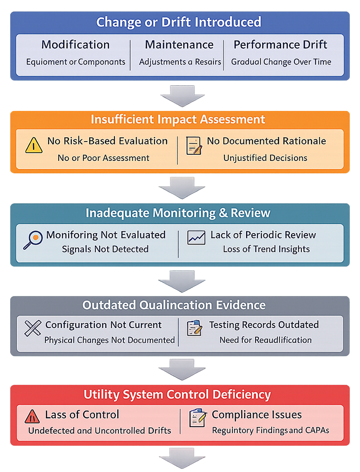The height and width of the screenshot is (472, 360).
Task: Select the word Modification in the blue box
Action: (76, 45)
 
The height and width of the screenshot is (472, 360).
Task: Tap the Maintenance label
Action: (179, 45)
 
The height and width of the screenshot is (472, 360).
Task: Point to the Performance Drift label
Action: (281, 45)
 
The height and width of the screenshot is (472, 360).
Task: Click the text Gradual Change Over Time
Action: (281, 62)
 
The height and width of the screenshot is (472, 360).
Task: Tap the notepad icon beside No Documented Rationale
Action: (194, 146)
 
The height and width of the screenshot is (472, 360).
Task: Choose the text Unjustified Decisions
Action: (265, 158)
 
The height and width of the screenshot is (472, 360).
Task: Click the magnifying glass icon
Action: (33, 240)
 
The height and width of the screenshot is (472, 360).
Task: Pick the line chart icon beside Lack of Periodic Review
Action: (196, 237)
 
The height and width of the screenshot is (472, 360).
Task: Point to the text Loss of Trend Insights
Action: (266, 249)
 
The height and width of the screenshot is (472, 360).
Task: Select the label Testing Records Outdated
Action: (264, 325)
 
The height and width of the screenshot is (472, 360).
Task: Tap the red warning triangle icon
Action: (32, 417)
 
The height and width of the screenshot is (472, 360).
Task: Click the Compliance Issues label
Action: (257, 414)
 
